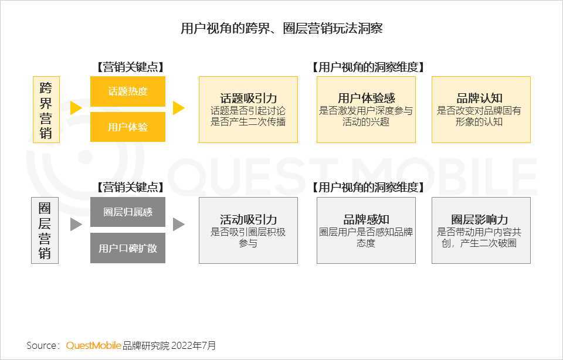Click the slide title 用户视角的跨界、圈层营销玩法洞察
pos(281,28)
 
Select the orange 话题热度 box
pos(128,91)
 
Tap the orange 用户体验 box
pos(128,127)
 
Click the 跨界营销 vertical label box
pos(45,110)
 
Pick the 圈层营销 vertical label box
pos(45,230)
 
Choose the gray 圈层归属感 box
pos(128,212)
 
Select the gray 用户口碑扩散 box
pos(128,248)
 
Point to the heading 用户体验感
pos(366,98)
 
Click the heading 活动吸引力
pos(249,219)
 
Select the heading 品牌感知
pos(366,219)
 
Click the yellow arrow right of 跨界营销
pos(76,108)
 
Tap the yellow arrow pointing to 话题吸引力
pos(178,108)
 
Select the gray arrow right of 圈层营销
pos(76,225)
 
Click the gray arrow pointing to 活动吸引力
pos(178,225)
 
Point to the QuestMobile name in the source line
pos(94,345)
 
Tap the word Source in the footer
pos(41,345)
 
